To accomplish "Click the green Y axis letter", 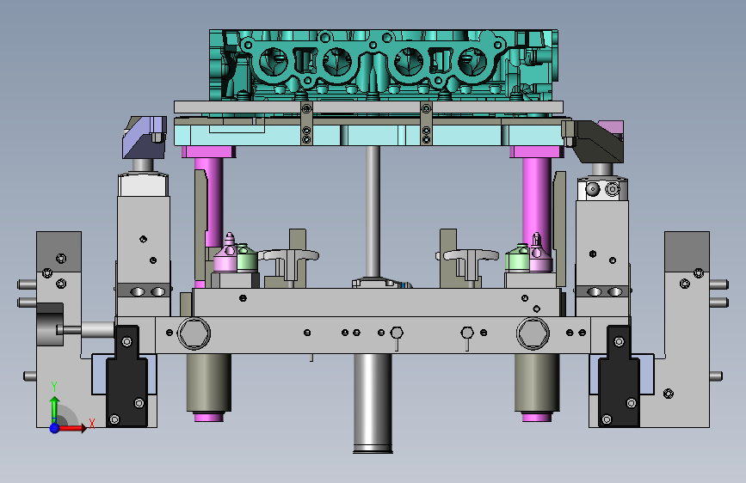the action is (x=54, y=387).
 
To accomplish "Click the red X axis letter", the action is (x=92, y=424).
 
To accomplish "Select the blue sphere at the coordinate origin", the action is (x=55, y=428).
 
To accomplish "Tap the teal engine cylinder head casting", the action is (x=384, y=65).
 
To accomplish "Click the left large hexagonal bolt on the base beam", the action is (x=194, y=333).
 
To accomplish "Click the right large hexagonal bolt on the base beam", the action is (x=533, y=333).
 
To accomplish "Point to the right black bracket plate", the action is (x=619, y=376).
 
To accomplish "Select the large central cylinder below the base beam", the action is (x=373, y=403).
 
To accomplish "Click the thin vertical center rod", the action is (x=373, y=212).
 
